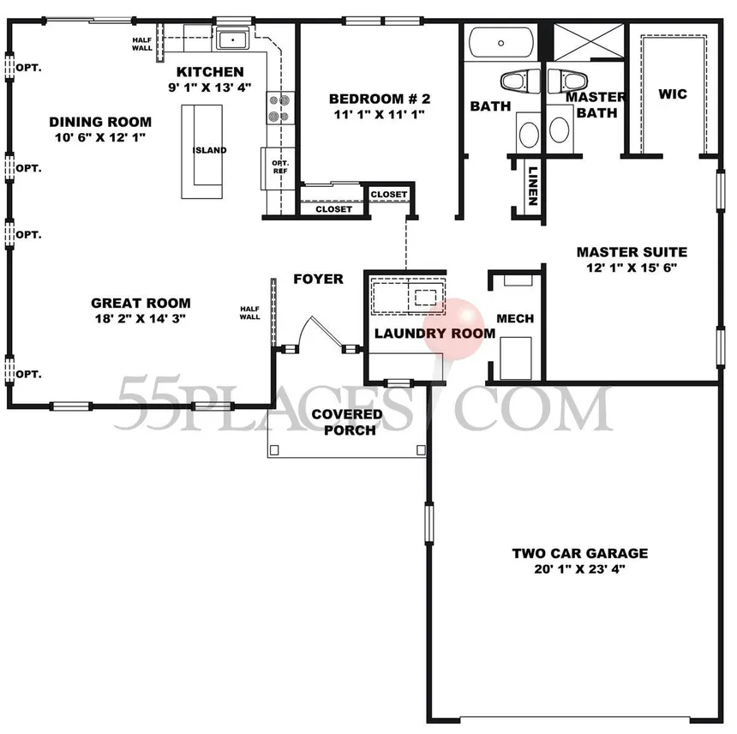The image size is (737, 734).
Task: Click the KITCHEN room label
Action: [x=210, y=72]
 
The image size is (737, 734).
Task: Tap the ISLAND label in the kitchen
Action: [x=211, y=151]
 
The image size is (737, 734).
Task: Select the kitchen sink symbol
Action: [x=231, y=39]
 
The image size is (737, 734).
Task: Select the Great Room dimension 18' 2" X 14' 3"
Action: [x=141, y=318]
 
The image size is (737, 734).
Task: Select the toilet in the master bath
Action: [x=561, y=81]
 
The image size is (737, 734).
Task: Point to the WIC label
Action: [x=673, y=94]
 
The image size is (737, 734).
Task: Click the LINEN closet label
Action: [x=532, y=187]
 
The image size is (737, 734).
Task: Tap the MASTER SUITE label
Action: [x=631, y=252]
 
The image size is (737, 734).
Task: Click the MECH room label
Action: [x=515, y=319]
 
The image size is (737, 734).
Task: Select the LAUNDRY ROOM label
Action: [x=434, y=333]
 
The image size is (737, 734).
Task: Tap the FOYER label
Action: [x=318, y=279]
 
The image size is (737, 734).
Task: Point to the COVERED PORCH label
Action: [x=346, y=422]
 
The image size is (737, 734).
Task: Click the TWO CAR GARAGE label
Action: [x=579, y=554]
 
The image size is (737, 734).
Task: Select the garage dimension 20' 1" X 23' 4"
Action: [x=579, y=569]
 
